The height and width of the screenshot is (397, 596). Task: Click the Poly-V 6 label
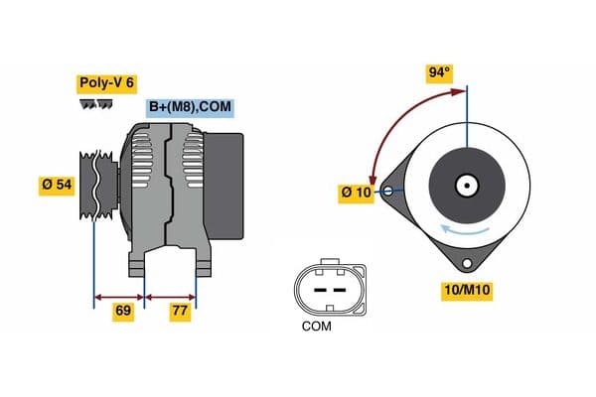point(106,83)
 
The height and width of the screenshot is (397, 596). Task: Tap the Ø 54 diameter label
point(58,185)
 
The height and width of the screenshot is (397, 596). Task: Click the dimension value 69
point(123,312)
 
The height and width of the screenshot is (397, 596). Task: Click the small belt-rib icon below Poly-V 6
point(96,105)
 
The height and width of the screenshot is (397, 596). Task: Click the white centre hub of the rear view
point(466,185)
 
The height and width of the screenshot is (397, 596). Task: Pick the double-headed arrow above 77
point(171,295)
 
